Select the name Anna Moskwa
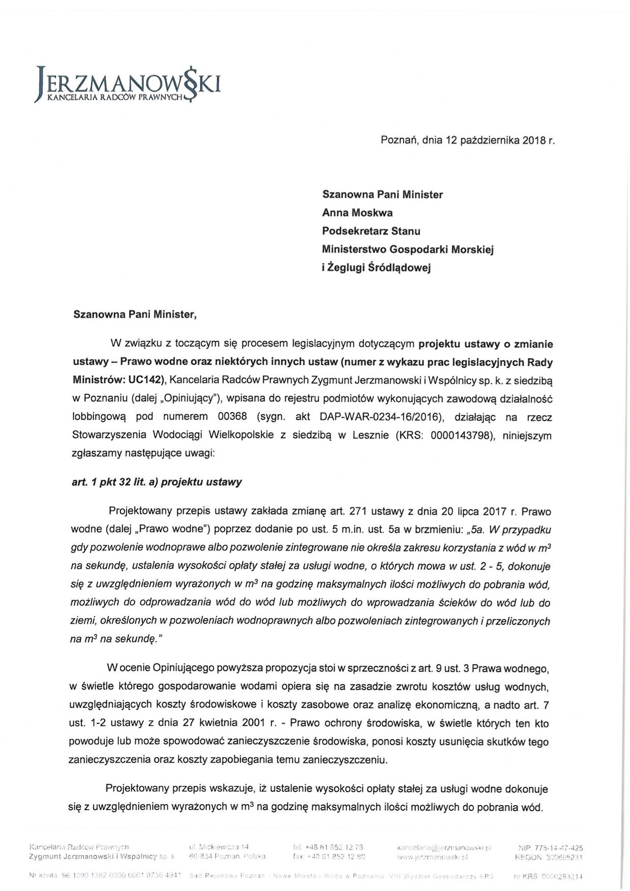[357, 212]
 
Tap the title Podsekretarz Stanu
[371, 231]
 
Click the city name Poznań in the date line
[400, 141]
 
